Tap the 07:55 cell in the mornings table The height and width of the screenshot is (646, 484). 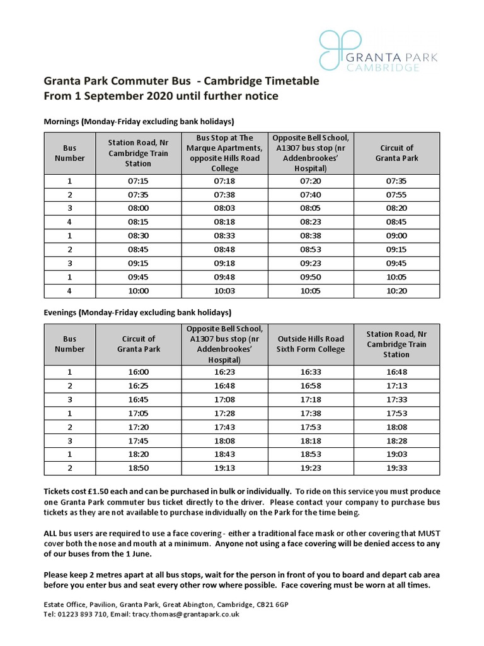click(396, 195)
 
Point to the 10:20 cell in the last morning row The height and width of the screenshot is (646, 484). click(396, 291)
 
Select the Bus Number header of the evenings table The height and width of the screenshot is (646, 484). click(69, 344)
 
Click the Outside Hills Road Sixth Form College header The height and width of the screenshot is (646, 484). click(311, 344)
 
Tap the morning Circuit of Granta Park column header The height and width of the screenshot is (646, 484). click(396, 153)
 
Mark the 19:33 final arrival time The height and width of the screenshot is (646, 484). click(396, 468)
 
